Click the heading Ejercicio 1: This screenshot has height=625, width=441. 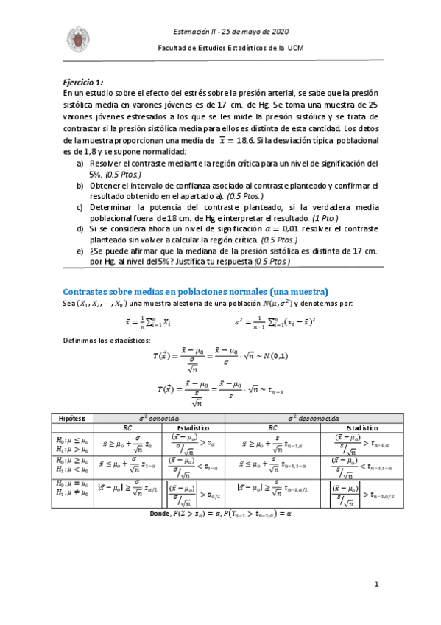click(83, 83)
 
